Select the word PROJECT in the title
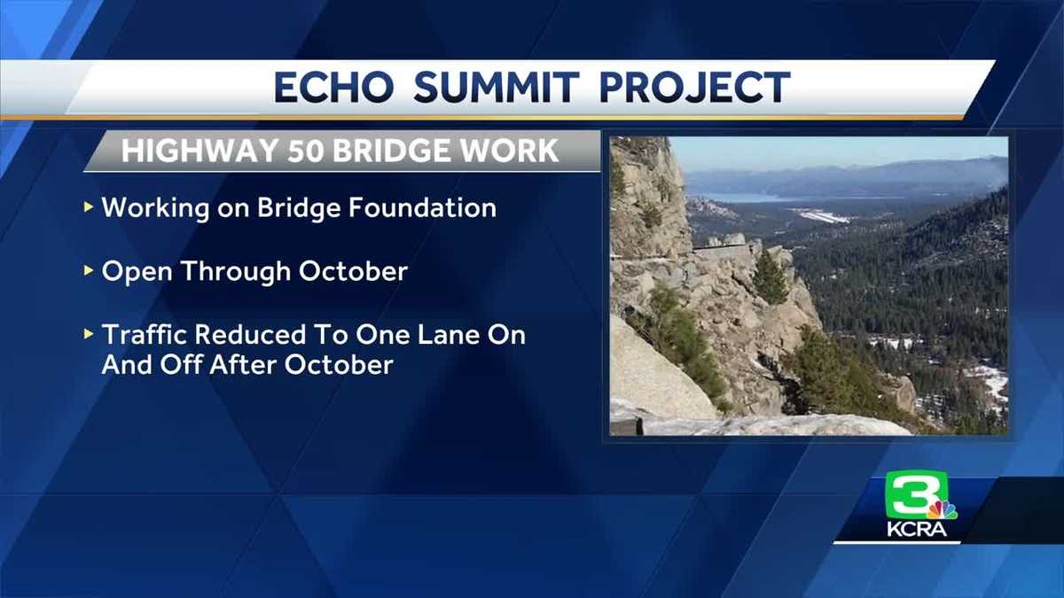693,88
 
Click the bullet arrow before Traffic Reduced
88,335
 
